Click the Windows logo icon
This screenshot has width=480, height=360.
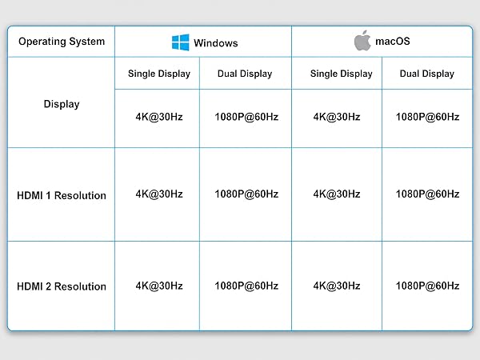(x=180, y=42)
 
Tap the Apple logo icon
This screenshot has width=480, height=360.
(x=362, y=41)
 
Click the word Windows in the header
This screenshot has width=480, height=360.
(x=216, y=43)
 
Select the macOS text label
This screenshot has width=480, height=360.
(x=393, y=41)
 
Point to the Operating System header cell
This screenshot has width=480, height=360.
(x=62, y=42)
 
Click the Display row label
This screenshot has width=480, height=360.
(x=62, y=104)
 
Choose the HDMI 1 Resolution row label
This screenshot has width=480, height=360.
(x=62, y=195)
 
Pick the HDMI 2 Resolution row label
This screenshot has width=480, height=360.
(x=62, y=286)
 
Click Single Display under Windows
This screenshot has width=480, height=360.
(x=159, y=74)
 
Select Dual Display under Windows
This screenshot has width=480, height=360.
(x=245, y=74)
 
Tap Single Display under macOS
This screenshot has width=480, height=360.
(x=342, y=74)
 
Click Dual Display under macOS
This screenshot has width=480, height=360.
(x=427, y=74)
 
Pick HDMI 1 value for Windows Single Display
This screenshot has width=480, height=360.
(x=159, y=194)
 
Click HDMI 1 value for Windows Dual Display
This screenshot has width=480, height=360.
(x=246, y=194)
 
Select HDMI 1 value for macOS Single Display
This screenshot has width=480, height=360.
(x=337, y=194)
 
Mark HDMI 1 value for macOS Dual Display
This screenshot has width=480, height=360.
(x=428, y=194)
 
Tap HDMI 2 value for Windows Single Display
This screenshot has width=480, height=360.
(x=159, y=286)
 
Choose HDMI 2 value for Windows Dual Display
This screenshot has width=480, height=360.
(x=246, y=286)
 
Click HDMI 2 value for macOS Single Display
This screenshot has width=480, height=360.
(x=337, y=286)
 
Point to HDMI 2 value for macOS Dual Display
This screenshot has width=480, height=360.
(x=428, y=286)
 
